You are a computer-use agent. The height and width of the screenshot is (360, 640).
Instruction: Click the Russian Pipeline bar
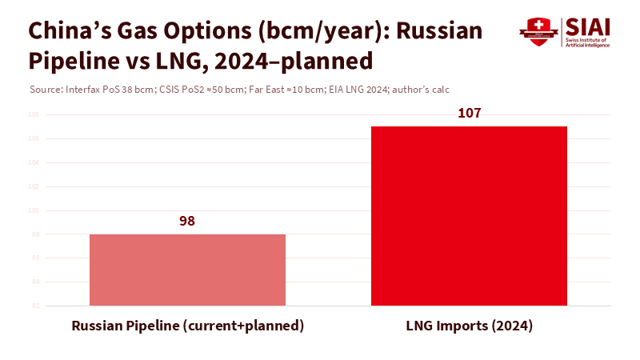point(187,270)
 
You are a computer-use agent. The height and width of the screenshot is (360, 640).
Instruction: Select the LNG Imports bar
point(469,216)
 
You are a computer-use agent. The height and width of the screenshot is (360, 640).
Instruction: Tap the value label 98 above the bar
point(187,221)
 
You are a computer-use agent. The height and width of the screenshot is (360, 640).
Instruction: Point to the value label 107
point(469,113)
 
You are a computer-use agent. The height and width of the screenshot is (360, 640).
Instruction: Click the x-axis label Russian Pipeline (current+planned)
point(187,326)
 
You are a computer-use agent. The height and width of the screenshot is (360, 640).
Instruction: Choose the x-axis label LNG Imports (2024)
point(469,326)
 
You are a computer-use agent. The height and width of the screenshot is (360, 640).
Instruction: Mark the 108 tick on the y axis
point(34,115)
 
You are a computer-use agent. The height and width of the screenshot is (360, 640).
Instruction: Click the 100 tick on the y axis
point(34,210)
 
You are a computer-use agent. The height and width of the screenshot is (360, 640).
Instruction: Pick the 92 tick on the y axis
point(34,306)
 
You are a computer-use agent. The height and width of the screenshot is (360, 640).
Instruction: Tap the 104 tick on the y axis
point(34,163)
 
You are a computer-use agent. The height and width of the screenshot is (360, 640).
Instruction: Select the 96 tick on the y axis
point(34,258)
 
